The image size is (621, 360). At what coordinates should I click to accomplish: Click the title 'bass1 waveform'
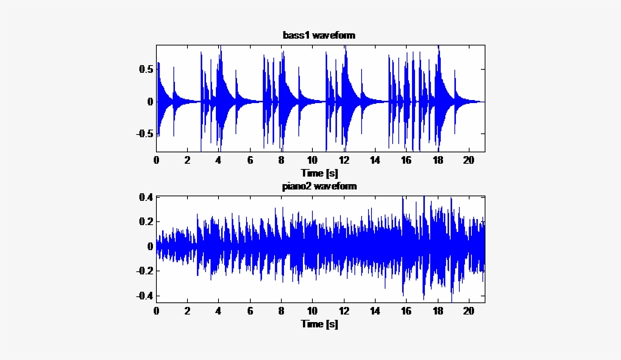[319, 36]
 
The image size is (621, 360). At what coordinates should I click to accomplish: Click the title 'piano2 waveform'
[320, 186]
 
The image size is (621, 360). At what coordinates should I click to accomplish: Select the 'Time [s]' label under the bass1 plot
[319, 173]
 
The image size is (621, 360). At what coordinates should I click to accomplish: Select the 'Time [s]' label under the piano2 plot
[319, 324]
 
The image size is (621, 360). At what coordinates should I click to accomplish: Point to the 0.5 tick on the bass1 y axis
[147, 69]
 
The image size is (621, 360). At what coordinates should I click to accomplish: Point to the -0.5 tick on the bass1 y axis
[145, 133]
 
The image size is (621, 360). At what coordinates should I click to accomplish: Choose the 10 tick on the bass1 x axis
[313, 161]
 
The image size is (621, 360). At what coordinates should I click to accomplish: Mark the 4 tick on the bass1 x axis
[219, 161]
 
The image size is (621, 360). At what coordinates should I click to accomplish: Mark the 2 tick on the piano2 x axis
[188, 311]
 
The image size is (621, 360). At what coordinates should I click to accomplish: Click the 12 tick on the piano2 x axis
[344, 311]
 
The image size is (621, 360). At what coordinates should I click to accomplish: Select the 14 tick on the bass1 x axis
[375, 161]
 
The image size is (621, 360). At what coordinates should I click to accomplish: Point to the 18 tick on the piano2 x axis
[438, 311]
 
